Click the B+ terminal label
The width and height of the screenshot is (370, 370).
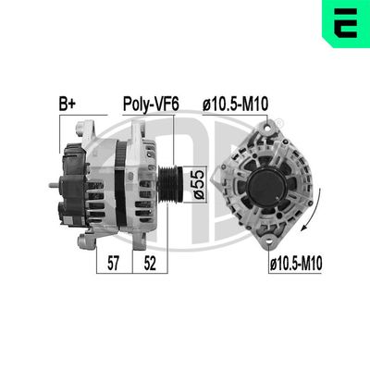tap(67, 105)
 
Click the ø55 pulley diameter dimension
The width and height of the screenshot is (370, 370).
tap(197, 179)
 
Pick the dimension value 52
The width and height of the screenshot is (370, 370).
tap(149, 264)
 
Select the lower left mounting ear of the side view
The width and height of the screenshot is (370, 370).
tap(85, 241)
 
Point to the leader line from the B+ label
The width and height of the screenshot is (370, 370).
tap(61, 129)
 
